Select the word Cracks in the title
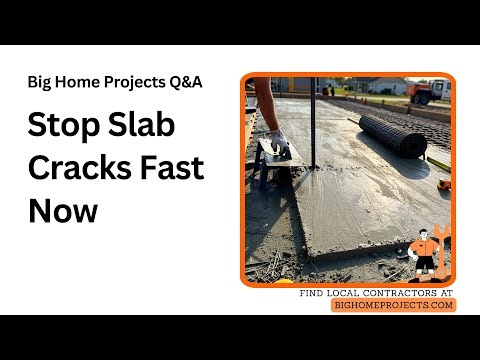[81, 169]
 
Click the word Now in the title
[62, 211]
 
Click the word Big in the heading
[41, 81]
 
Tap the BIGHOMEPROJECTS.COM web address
[393, 305]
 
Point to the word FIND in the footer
[312, 294]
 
